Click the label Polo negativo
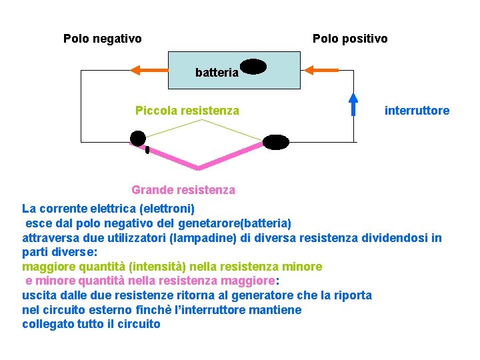click(102, 39)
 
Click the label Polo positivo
click(350, 39)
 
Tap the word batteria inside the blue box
click(217, 73)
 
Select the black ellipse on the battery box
click(253, 66)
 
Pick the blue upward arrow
click(353, 104)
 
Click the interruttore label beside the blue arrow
click(417, 111)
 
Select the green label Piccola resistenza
click(187, 111)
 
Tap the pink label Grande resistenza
click(183, 190)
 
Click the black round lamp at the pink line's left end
click(137, 138)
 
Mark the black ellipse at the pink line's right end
click(276, 142)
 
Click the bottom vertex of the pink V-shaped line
click(197, 167)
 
